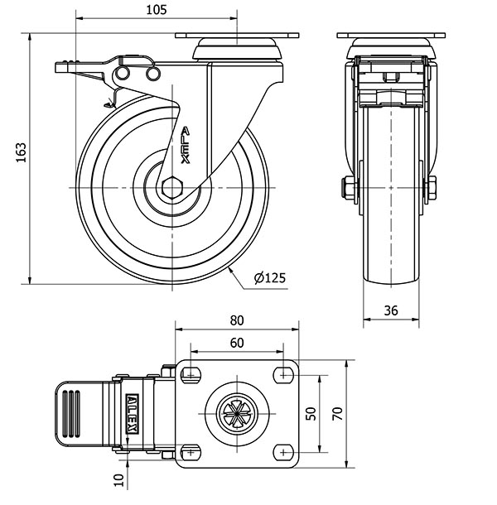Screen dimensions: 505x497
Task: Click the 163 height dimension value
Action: (x=22, y=153)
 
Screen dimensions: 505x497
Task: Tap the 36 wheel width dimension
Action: (x=393, y=310)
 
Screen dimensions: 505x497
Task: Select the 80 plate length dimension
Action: (x=236, y=320)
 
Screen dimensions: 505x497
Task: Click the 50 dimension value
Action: (x=311, y=413)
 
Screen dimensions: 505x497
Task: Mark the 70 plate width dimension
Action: (x=337, y=413)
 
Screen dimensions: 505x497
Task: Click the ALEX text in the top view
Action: (x=133, y=412)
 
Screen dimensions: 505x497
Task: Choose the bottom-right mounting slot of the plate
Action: (x=283, y=452)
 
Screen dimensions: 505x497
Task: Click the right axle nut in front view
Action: (x=432, y=188)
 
